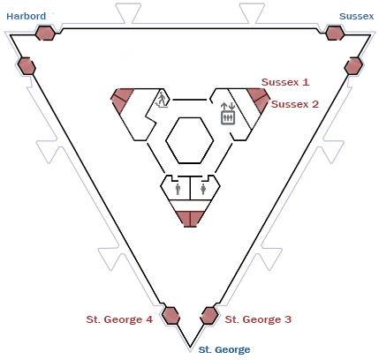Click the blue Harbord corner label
(x=27, y=16)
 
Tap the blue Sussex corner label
(x=356, y=16)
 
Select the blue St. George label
(x=224, y=349)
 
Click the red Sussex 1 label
(x=285, y=82)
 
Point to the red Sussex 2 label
(x=295, y=104)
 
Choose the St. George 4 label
(x=119, y=319)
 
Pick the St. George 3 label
(x=258, y=319)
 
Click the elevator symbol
(x=228, y=113)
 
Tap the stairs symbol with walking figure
(x=162, y=100)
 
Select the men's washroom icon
(x=178, y=189)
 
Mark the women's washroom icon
(x=203, y=189)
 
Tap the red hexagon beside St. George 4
(x=171, y=316)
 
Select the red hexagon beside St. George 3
(x=209, y=316)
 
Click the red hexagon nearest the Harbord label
(x=45, y=33)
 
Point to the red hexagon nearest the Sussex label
(x=335, y=33)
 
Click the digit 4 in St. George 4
(x=149, y=319)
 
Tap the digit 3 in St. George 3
(x=288, y=319)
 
